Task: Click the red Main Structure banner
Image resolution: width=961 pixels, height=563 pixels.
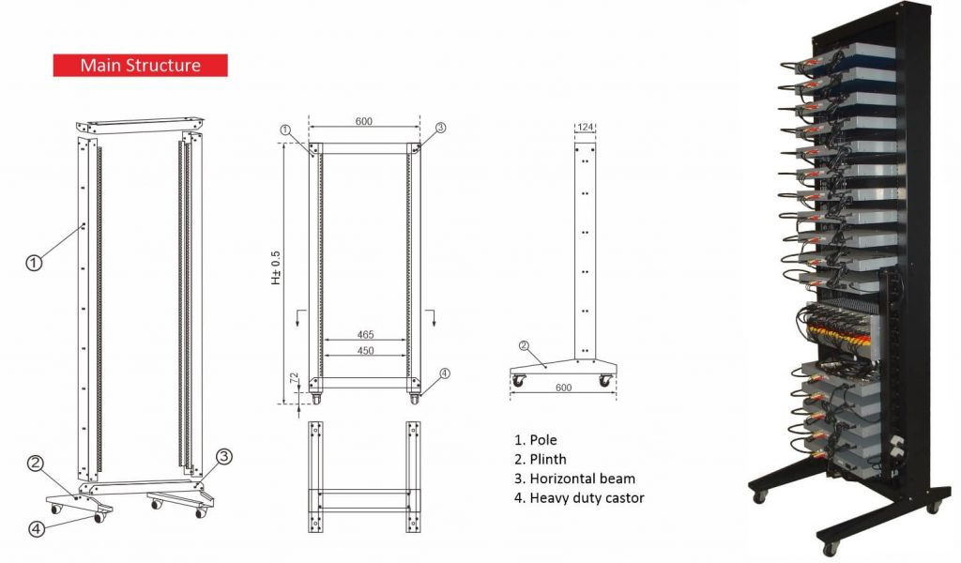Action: [x=141, y=66]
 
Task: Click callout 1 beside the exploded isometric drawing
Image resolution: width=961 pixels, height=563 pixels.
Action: [x=34, y=263]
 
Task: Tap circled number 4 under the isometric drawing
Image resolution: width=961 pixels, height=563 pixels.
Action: [x=38, y=528]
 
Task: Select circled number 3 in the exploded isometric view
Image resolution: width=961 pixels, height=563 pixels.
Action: [x=223, y=456]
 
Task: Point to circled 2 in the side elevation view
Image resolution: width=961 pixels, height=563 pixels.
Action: [x=524, y=345]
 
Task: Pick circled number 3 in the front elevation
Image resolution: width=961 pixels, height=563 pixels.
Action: [x=440, y=128]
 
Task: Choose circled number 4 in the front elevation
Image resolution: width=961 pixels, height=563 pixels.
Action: [x=444, y=373]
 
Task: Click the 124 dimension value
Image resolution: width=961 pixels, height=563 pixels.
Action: [x=586, y=127]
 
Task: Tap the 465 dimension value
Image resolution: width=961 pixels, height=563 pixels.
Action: [x=365, y=334]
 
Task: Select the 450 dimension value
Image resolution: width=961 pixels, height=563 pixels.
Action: [x=365, y=350]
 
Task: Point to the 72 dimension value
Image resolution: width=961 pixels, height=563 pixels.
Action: [x=294, y=378]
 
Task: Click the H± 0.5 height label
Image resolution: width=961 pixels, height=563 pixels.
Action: [x=276, y=267]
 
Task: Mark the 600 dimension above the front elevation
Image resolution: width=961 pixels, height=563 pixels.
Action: [x=363, y=121]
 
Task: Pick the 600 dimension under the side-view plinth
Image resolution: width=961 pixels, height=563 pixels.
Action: [x=563, y=388]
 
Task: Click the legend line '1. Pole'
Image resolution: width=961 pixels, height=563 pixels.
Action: [x=536, y=440]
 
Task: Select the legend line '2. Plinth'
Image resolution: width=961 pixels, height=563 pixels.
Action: [x=541, y=460]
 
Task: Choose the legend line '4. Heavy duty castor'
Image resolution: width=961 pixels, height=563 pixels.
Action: [x=579, y=498]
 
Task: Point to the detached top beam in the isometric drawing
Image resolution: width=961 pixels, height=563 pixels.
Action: [x=141, y=125]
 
